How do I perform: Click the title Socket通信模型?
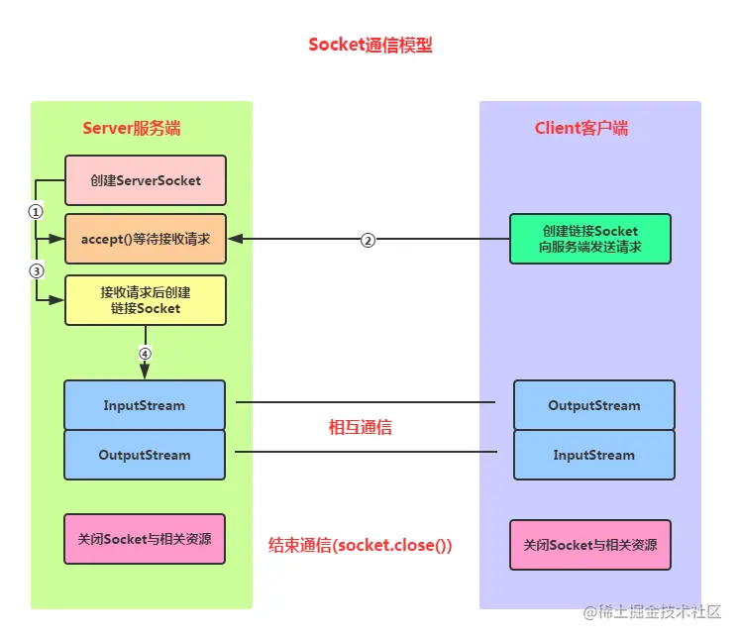coord(370,45)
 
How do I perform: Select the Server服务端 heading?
coord(131,129)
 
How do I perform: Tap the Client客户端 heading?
coord(581,129)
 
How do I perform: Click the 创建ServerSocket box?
coord(145,180)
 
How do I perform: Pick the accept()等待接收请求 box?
coord(145,239)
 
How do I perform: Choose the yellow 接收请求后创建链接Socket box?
coord(145,300)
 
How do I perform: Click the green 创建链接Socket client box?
coord(589,239)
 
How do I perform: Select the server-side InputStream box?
coord(145,405)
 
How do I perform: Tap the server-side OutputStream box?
coord(145,455)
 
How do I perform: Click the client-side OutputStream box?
coord(593,405)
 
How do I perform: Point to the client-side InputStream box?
coord(593,455)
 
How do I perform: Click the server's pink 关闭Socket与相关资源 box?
coord(145,539)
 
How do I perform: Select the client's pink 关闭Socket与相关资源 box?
coord(589,545)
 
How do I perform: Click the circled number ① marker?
coord(36,211)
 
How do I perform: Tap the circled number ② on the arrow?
coord(368,240)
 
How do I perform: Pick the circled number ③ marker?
coord(36,270)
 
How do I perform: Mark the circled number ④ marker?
coord(145,354)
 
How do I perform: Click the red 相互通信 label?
coord(360,428)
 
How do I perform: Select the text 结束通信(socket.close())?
coord(361,545)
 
